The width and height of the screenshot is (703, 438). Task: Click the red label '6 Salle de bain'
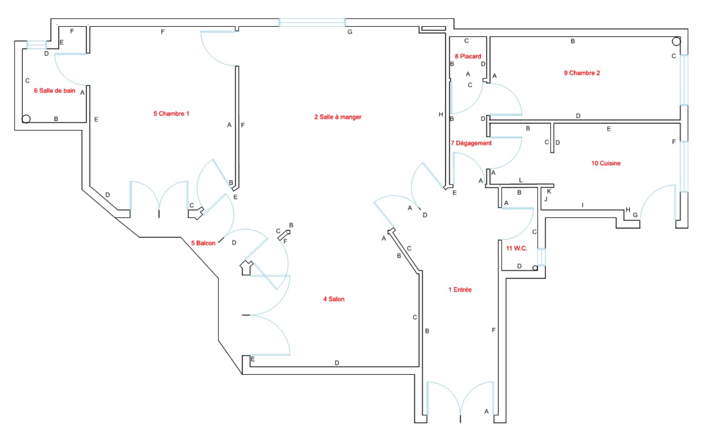(x=55, y=91)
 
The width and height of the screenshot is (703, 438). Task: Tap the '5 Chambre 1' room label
(x=171, y=114)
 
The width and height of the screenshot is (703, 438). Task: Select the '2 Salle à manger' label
(x=338, y=117)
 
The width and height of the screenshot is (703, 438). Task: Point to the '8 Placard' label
(x=468, y=56)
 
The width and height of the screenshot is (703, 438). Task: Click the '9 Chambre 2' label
(x=582, y=73)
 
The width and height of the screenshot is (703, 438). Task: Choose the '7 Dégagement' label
(x=471, y=143)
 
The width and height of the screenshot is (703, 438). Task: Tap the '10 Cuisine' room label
(x=606, y=163)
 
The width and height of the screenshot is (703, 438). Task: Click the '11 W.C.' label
(x=516, y=248)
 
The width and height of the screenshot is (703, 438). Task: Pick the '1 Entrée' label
(x=460, y=290)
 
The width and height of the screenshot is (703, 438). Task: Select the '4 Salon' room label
(x=334, y=299)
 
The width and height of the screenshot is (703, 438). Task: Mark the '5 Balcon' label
(x=203, y=243)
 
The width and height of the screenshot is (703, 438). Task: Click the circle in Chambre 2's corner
(x=676, y=41)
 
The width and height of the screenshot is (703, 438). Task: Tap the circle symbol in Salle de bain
(x=26, y=119)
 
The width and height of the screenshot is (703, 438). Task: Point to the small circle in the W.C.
(x=535, y=268)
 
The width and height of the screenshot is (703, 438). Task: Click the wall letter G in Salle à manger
(x=349, y=32)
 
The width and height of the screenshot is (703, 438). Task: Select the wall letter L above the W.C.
(x=520, y=180)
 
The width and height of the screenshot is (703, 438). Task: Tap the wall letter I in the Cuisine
(x=583, y=205)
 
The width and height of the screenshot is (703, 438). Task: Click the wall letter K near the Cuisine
(x=549, y=191)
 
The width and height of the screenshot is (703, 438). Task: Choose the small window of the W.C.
(x=541, y=257)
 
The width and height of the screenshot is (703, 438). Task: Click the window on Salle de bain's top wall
(x=36, y=45)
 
